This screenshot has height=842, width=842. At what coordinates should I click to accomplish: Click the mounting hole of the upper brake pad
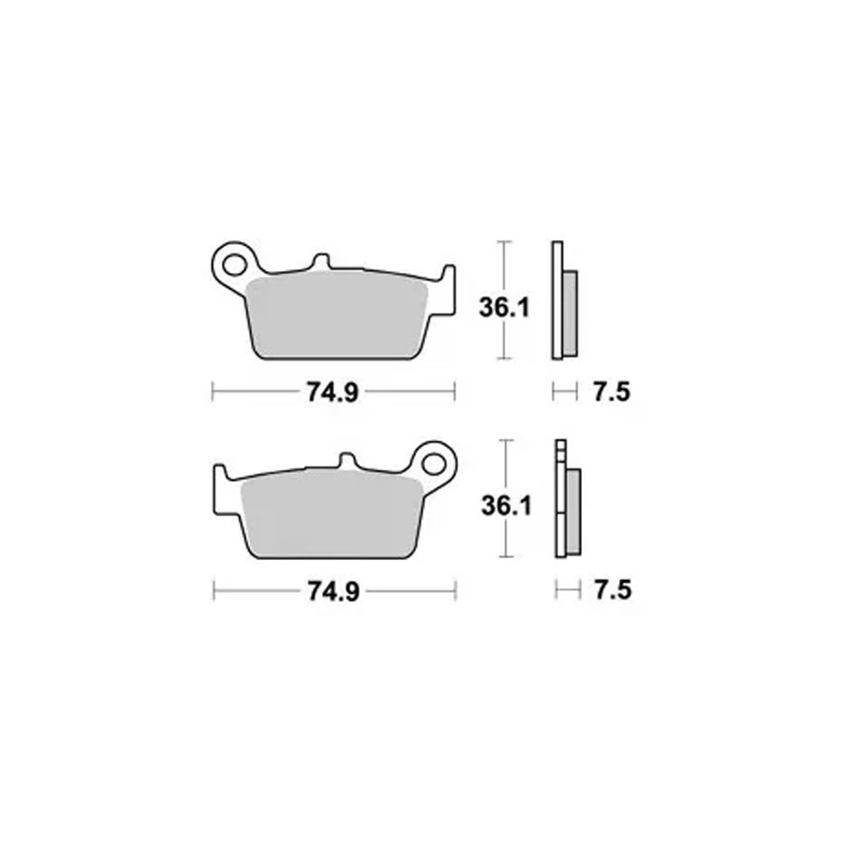[233, 264]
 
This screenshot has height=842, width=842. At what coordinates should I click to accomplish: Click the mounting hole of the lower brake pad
[434, 463]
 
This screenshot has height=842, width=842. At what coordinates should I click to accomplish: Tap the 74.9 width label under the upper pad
[333, 392]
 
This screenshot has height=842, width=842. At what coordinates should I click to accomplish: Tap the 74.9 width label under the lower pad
[334, 591]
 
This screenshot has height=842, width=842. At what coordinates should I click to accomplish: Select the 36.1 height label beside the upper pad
[504, 307]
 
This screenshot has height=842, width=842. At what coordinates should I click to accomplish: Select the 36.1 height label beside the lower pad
[506, 506]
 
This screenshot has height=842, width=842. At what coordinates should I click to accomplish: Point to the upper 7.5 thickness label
[611, 392]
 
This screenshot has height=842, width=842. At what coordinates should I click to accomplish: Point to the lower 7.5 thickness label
[613, 591]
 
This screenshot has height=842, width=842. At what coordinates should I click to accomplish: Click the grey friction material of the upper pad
[336, 315]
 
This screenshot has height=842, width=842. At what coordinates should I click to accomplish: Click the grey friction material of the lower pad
[331, 514]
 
